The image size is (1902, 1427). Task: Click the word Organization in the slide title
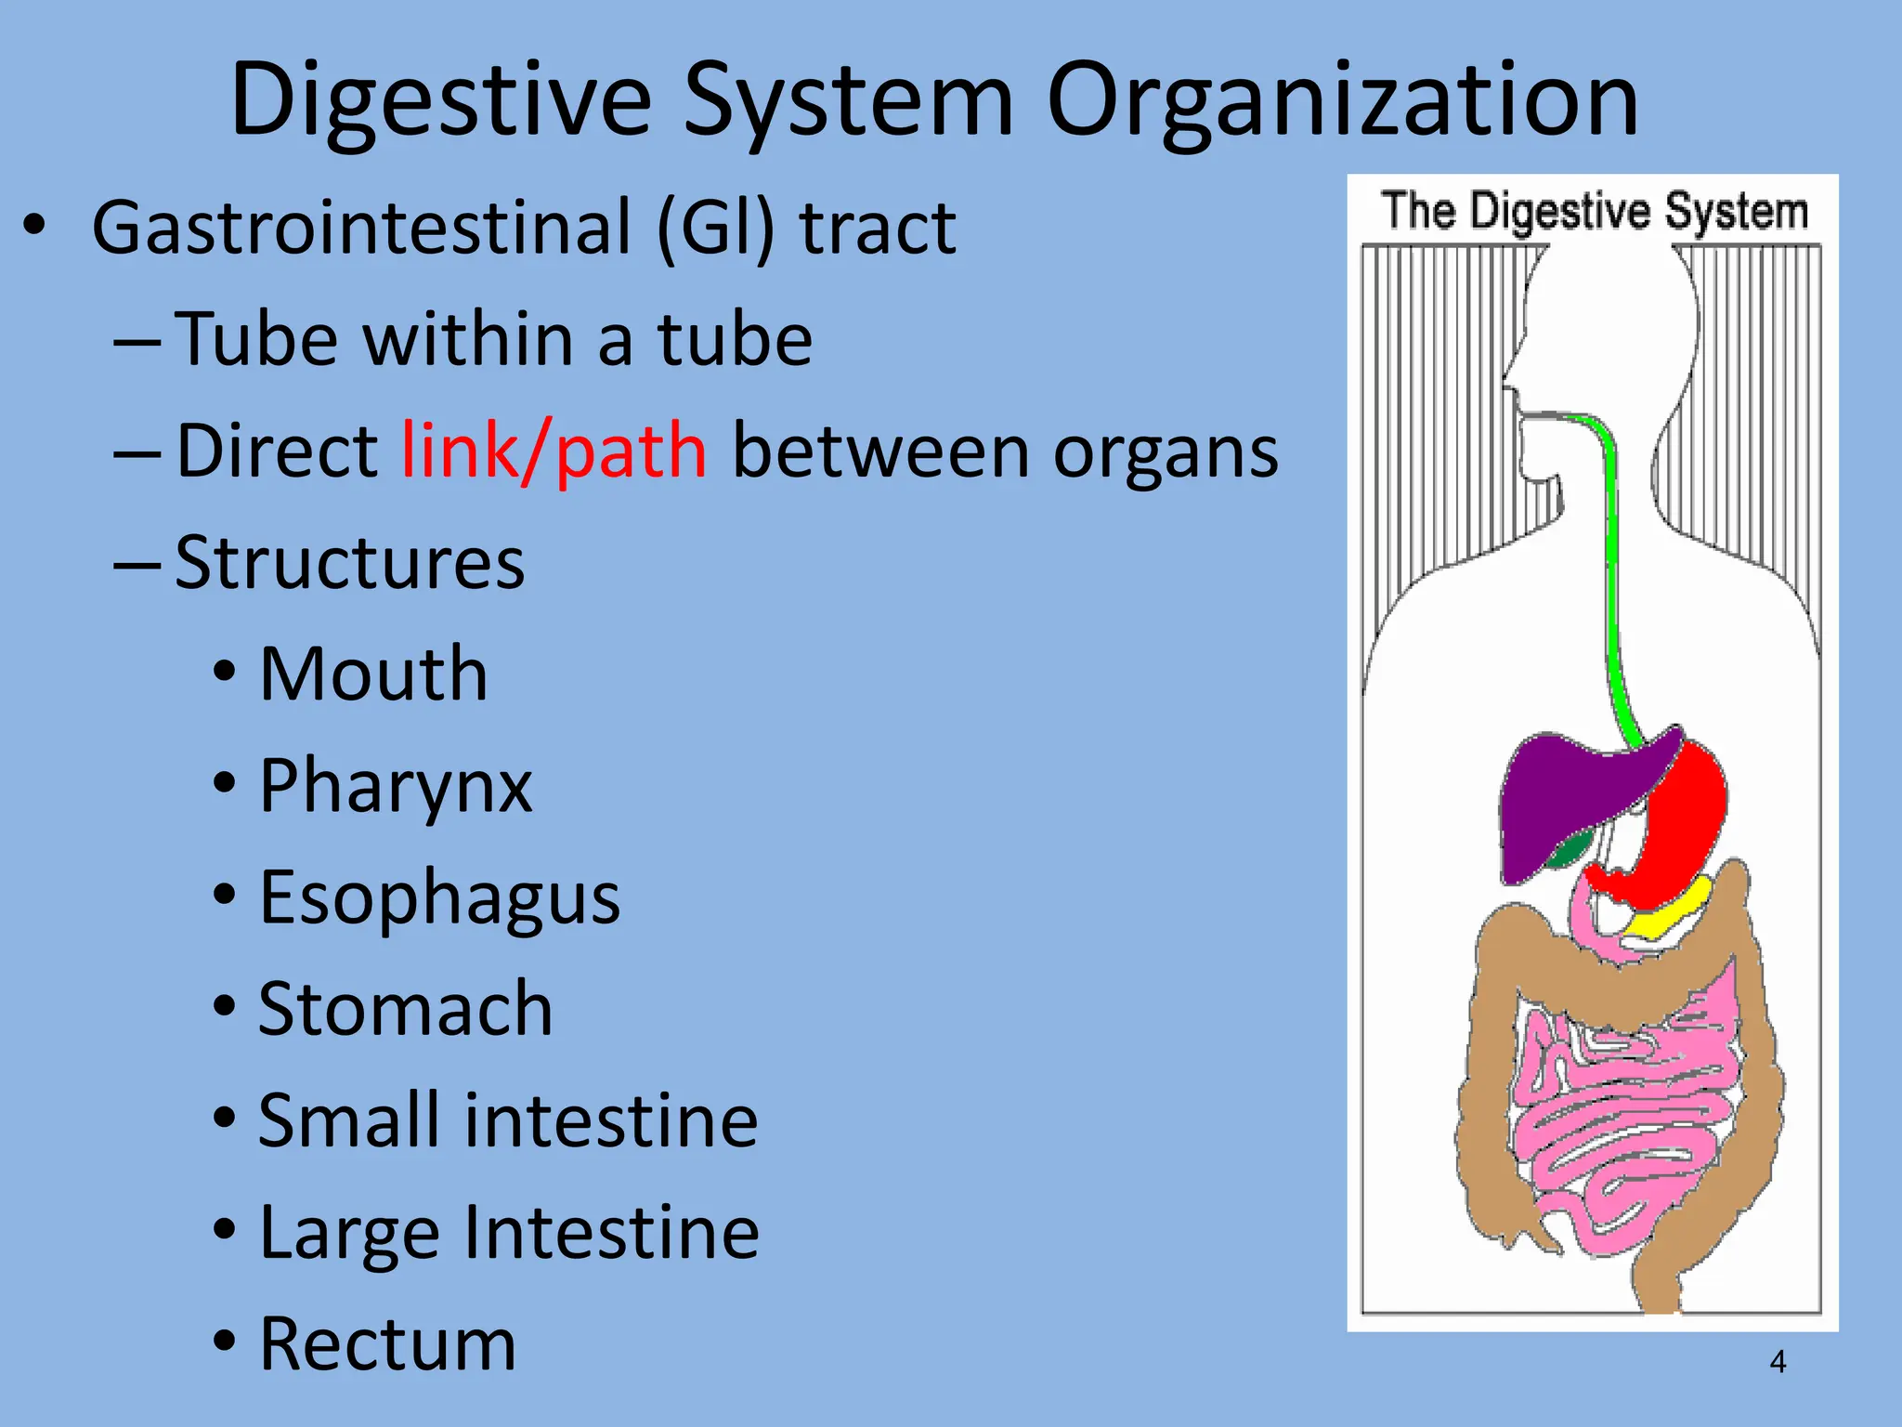pyautogui.click(x=1342, y=100)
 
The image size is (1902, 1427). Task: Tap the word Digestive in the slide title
pyautogui.click(x=441, y=100)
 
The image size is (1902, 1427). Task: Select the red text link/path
pyautogui.click(x=554, y=452)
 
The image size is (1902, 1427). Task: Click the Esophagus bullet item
pyautogui.click(x=439, y=898)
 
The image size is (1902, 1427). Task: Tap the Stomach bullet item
pyautogui.click(x=405, y=1010)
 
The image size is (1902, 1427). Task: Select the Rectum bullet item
pyautogui.click(x=387, y=1344)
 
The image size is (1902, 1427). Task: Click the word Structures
pyautogui.click(x=350, y=563)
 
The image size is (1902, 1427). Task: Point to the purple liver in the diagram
pyautogui.click(x=1560, y=799)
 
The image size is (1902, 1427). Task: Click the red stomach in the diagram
pyautogui.click(x=1686, y=818)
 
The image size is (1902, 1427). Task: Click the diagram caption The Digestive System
pyautogui.click(x=1594, y=212)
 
